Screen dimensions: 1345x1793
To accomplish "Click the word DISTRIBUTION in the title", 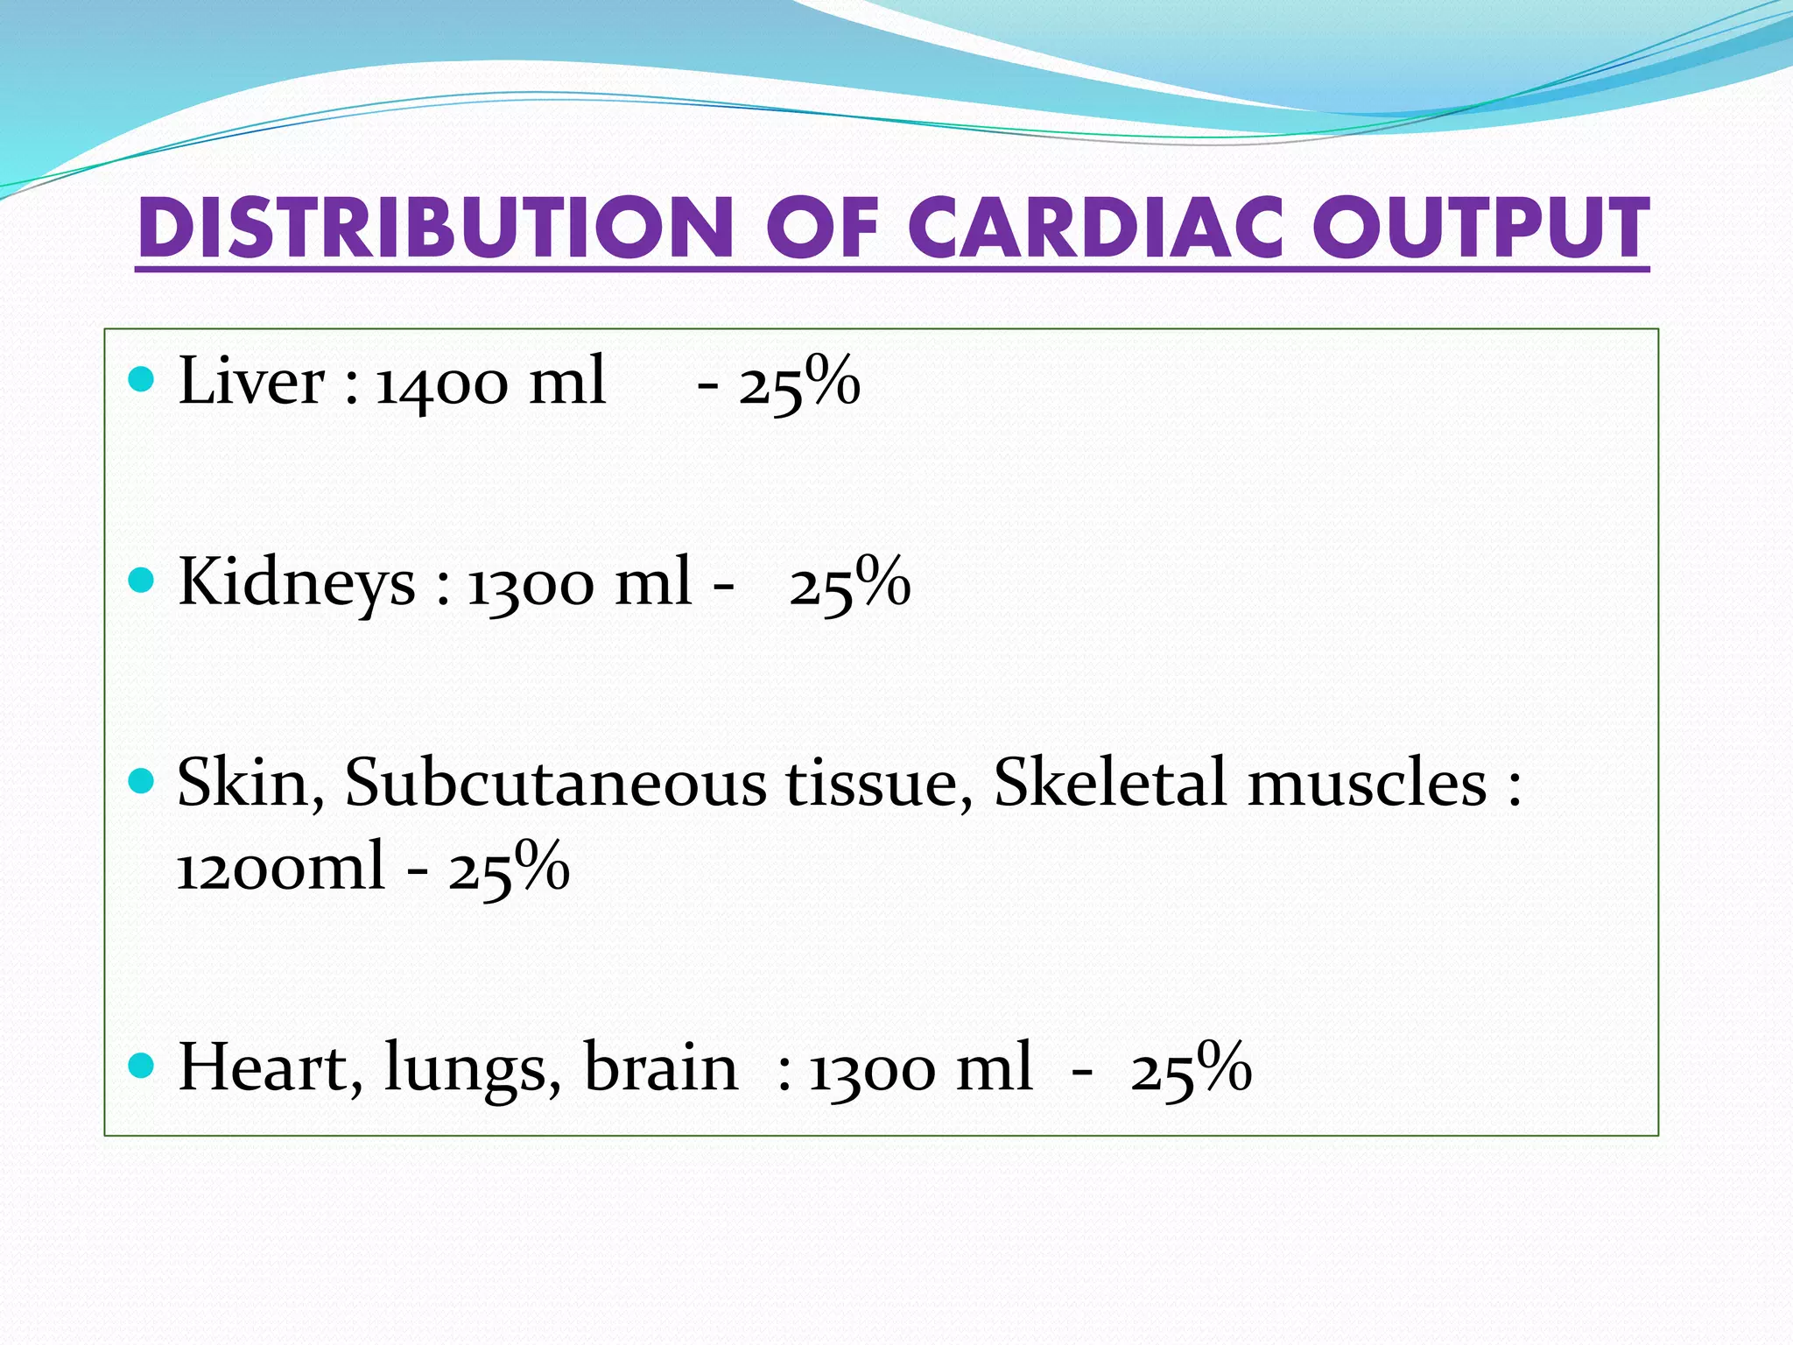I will click(x=435, y=229).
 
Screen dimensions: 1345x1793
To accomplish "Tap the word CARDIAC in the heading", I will click(x=1095, y=229).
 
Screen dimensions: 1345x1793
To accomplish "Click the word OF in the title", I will click(x=821, y=229).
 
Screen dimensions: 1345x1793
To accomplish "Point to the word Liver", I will click(x=251, y=382).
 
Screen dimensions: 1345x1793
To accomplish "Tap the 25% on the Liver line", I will click(x=799, y=384).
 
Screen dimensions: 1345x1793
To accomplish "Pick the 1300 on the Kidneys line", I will click(x=532, y=584).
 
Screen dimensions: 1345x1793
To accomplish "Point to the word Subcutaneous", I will click(x=556, y=782).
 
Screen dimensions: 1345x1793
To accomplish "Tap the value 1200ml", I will click(x=280, y=867).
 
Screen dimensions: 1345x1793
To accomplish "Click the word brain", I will click(x=661, y=1068).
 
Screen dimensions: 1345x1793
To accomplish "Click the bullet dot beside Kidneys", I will click(x=141, y=581).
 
